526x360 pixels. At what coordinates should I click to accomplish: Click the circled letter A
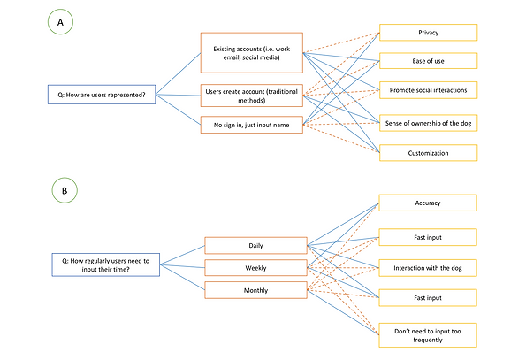click(60, 22)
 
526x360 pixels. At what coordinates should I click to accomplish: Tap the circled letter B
click(65, 190)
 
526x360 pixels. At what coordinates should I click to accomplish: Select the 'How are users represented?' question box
click(102, 95)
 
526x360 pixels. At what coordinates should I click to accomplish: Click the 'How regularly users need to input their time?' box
click(106, 265)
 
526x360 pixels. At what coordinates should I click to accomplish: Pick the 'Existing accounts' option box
click(252, 53)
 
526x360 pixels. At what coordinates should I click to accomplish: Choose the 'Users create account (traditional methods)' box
click(252, 96)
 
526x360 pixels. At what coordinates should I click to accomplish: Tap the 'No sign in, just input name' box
click(252, 125)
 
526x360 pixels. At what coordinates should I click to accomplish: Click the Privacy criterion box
click(429, 33)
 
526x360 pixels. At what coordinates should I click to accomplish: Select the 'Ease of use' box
click(429, 61)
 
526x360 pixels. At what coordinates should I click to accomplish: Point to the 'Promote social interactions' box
click(429, 90)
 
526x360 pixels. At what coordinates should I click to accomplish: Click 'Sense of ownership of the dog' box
click(429, 123)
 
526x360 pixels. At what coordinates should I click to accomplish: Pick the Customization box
click(429, 153)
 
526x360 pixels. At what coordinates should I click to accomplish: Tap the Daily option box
click(256, 246)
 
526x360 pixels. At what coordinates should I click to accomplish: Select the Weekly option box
click(256, 268)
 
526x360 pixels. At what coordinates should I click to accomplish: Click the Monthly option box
click(256, 290)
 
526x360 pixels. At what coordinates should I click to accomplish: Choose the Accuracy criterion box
click(428, 203)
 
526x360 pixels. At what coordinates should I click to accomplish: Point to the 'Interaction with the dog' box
click(428, 268)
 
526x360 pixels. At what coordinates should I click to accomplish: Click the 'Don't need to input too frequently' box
click(428, 335)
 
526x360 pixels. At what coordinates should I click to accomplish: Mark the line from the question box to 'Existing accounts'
click(178, 73)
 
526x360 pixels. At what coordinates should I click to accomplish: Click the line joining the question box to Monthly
click(182, 277)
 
